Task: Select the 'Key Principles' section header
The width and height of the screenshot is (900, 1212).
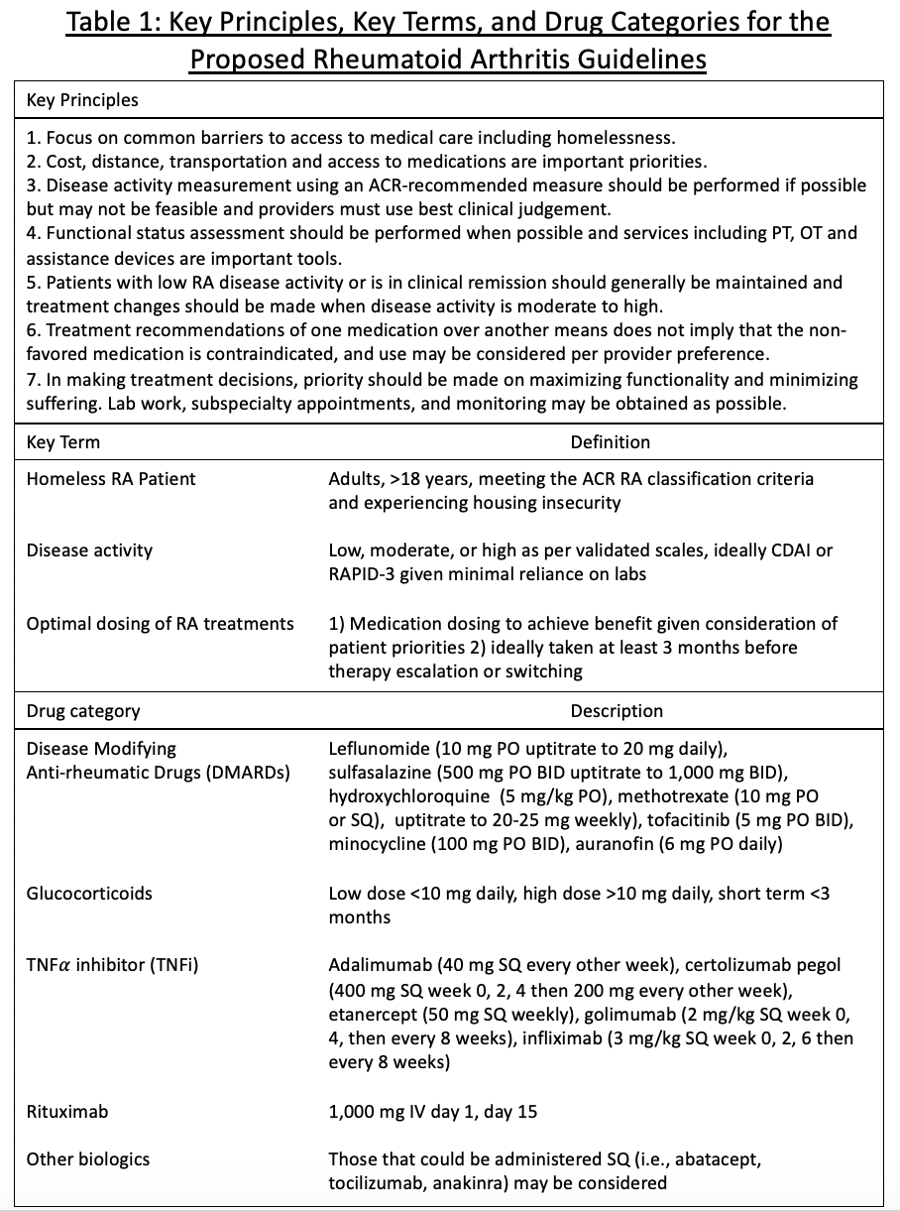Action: (x=82, y=100)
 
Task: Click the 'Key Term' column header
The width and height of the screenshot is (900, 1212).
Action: (x=63, y=442)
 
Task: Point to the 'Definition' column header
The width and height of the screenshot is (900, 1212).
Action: (x=610, y=442)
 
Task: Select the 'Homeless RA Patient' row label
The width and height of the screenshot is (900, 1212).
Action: (x=111, y=479)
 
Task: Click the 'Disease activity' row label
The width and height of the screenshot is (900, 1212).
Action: (x=89, y=550)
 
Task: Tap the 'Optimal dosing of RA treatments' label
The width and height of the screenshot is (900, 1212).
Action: (x=161, y=624)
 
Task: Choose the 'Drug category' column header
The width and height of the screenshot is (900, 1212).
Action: (x=83, y=710)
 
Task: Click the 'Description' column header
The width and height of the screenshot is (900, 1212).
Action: (x=617, y=710)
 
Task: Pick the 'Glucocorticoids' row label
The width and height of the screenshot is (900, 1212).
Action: (x=89, y=894)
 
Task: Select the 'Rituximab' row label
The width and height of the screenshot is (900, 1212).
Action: (x=67, y=1112)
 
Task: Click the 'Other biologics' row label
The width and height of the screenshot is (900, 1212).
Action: (x=88, y=1159)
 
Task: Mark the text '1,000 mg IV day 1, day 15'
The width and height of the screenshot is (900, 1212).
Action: (x=432, y=1112)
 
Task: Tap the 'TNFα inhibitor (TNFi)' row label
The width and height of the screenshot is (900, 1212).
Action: (x=113, y=964)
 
